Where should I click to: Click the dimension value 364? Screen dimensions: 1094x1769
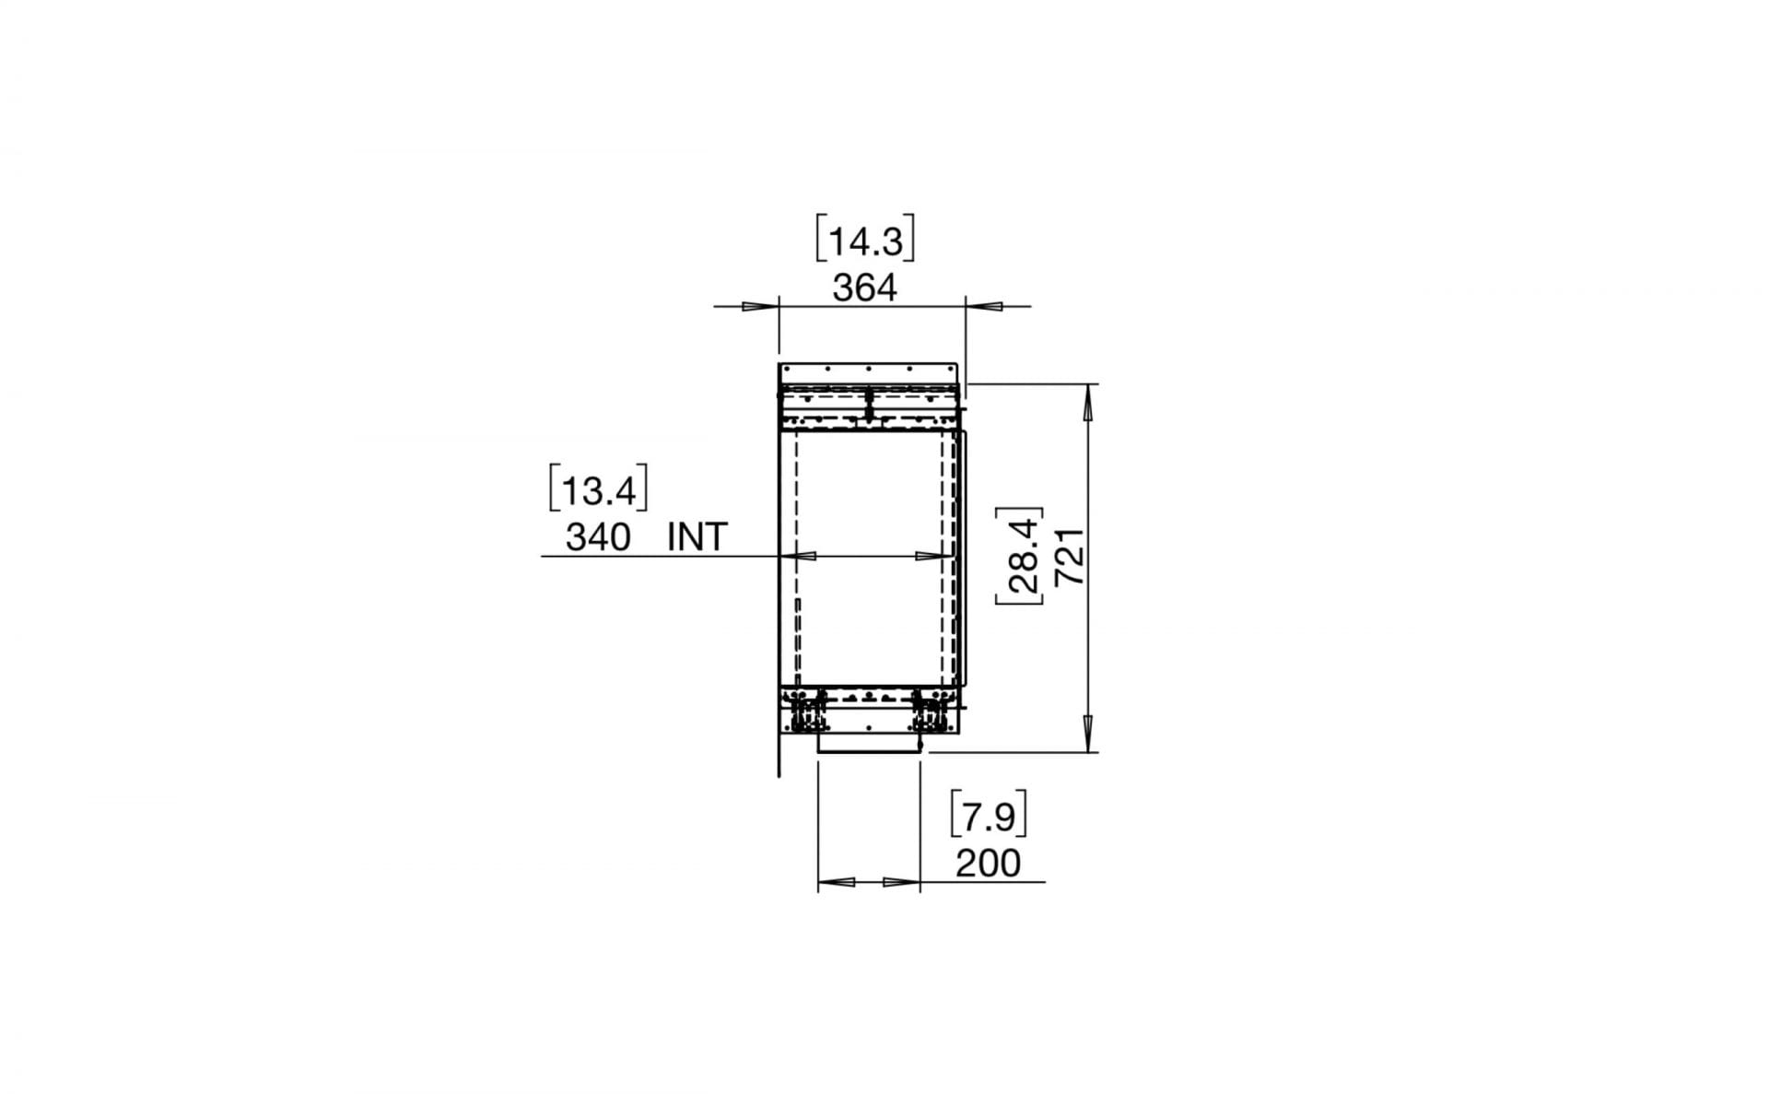(864, 288)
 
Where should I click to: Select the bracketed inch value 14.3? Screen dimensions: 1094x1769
(865, 242)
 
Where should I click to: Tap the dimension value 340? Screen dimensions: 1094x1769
(598, 536)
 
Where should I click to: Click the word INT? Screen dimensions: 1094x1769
(697, 536)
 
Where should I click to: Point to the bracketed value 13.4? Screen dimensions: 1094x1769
(599, 491)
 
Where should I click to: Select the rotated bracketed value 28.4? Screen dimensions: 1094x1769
(1022, 557)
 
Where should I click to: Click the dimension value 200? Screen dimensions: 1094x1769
(988, 864)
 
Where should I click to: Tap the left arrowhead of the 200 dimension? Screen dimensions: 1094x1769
(836, 882)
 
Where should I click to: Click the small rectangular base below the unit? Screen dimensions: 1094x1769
(868, 744)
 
